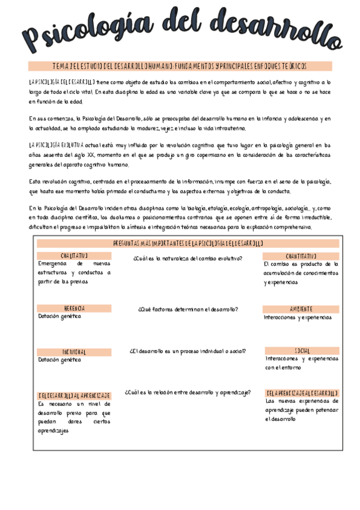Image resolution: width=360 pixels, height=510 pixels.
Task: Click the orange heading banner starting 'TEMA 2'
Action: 180,66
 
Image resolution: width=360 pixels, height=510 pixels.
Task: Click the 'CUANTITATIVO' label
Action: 301,256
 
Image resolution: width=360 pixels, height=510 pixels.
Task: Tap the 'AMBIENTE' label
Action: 301,309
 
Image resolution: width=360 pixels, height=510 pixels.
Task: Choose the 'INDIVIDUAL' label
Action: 74,352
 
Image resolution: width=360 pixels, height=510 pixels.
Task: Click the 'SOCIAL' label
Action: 302,351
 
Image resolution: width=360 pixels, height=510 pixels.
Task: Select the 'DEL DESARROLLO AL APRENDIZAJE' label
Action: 74,396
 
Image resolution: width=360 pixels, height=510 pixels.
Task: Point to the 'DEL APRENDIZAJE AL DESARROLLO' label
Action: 302,392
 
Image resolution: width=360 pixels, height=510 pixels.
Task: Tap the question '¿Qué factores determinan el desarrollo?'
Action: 188,309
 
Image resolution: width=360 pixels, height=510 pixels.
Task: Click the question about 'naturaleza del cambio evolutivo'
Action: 188,258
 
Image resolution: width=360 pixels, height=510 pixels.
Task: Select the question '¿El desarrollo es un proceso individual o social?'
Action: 188,351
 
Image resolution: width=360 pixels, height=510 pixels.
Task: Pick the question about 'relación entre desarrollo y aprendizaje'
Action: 188,392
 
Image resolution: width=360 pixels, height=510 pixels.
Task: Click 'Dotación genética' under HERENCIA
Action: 59,316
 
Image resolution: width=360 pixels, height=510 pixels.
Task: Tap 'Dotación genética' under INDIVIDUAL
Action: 59,360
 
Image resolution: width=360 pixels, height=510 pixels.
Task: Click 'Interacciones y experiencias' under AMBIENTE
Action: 297,317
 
